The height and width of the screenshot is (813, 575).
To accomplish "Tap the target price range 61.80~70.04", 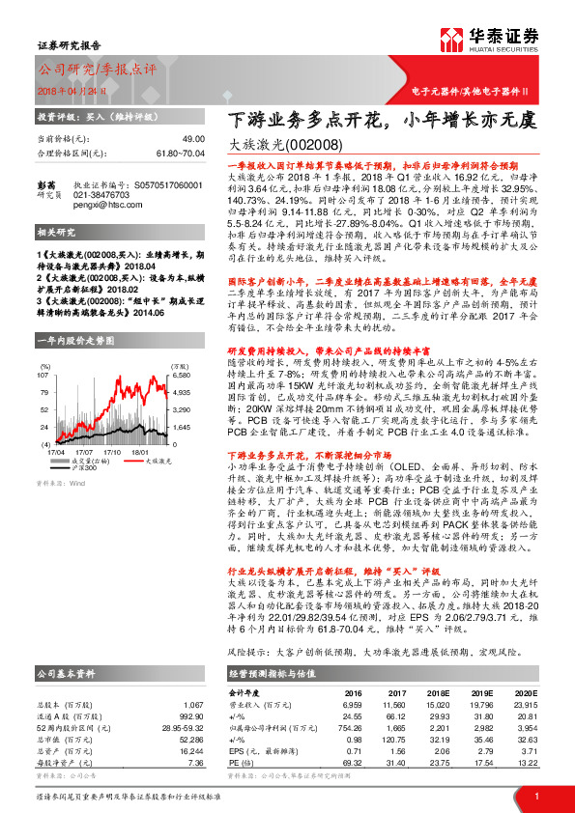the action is (183, 153).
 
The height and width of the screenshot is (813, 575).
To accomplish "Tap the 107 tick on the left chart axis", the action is (45, 374).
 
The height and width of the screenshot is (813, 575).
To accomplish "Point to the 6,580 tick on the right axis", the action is (183, 374).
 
